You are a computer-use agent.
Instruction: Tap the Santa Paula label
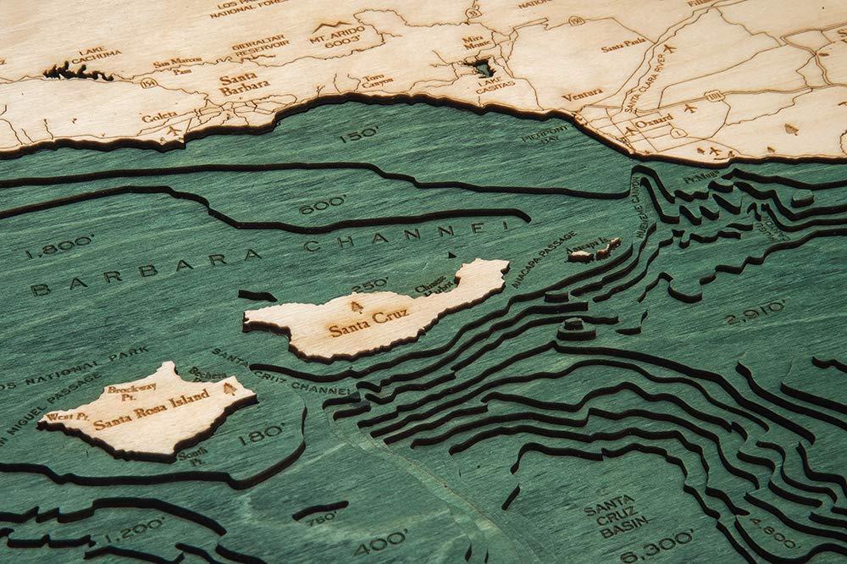pyautogui.click(x=623, y=43)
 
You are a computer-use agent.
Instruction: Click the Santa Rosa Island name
pyautogui.click(x=141, y=417)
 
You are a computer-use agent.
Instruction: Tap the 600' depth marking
pyautogui.click(x=322, y=203)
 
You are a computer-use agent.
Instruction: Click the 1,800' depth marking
pyautogui.click(x=58, y=247)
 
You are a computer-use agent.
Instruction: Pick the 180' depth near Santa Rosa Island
pyautogui.click(x=260, y=434)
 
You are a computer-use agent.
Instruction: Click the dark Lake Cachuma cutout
pyautogui.click(x=77, y=72)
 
